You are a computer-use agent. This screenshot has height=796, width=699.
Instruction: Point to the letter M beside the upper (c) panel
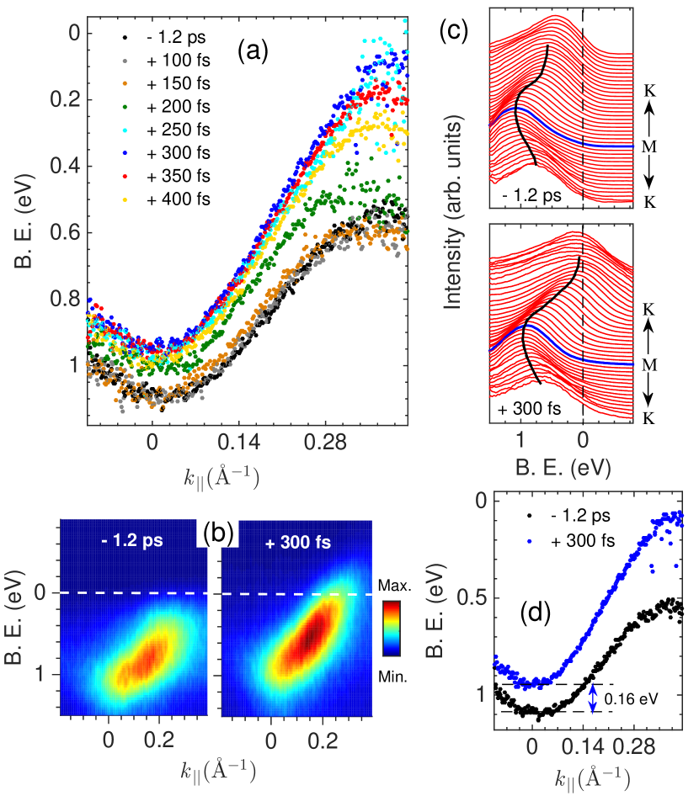pos(650,146)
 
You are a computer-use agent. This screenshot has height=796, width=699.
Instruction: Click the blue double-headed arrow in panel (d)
pos(593,698)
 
